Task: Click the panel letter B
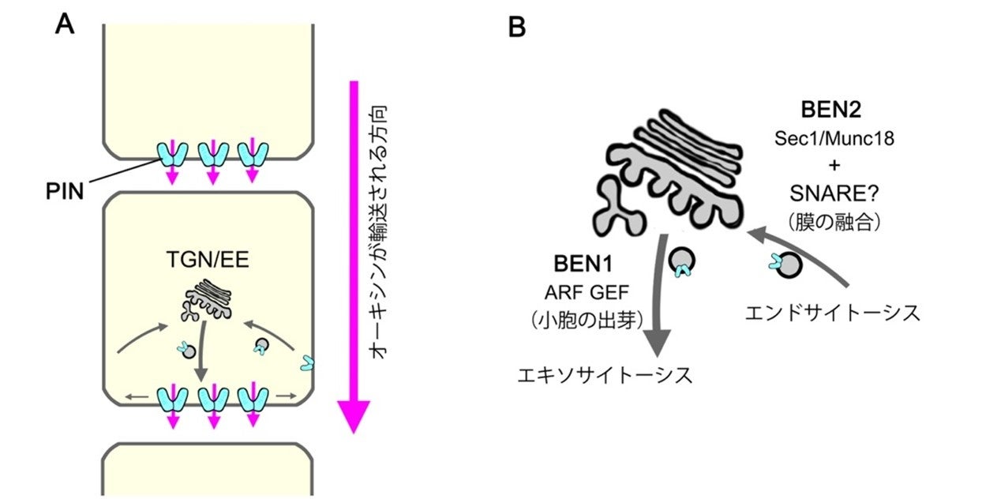[516, 28]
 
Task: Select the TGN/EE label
[208, 258]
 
